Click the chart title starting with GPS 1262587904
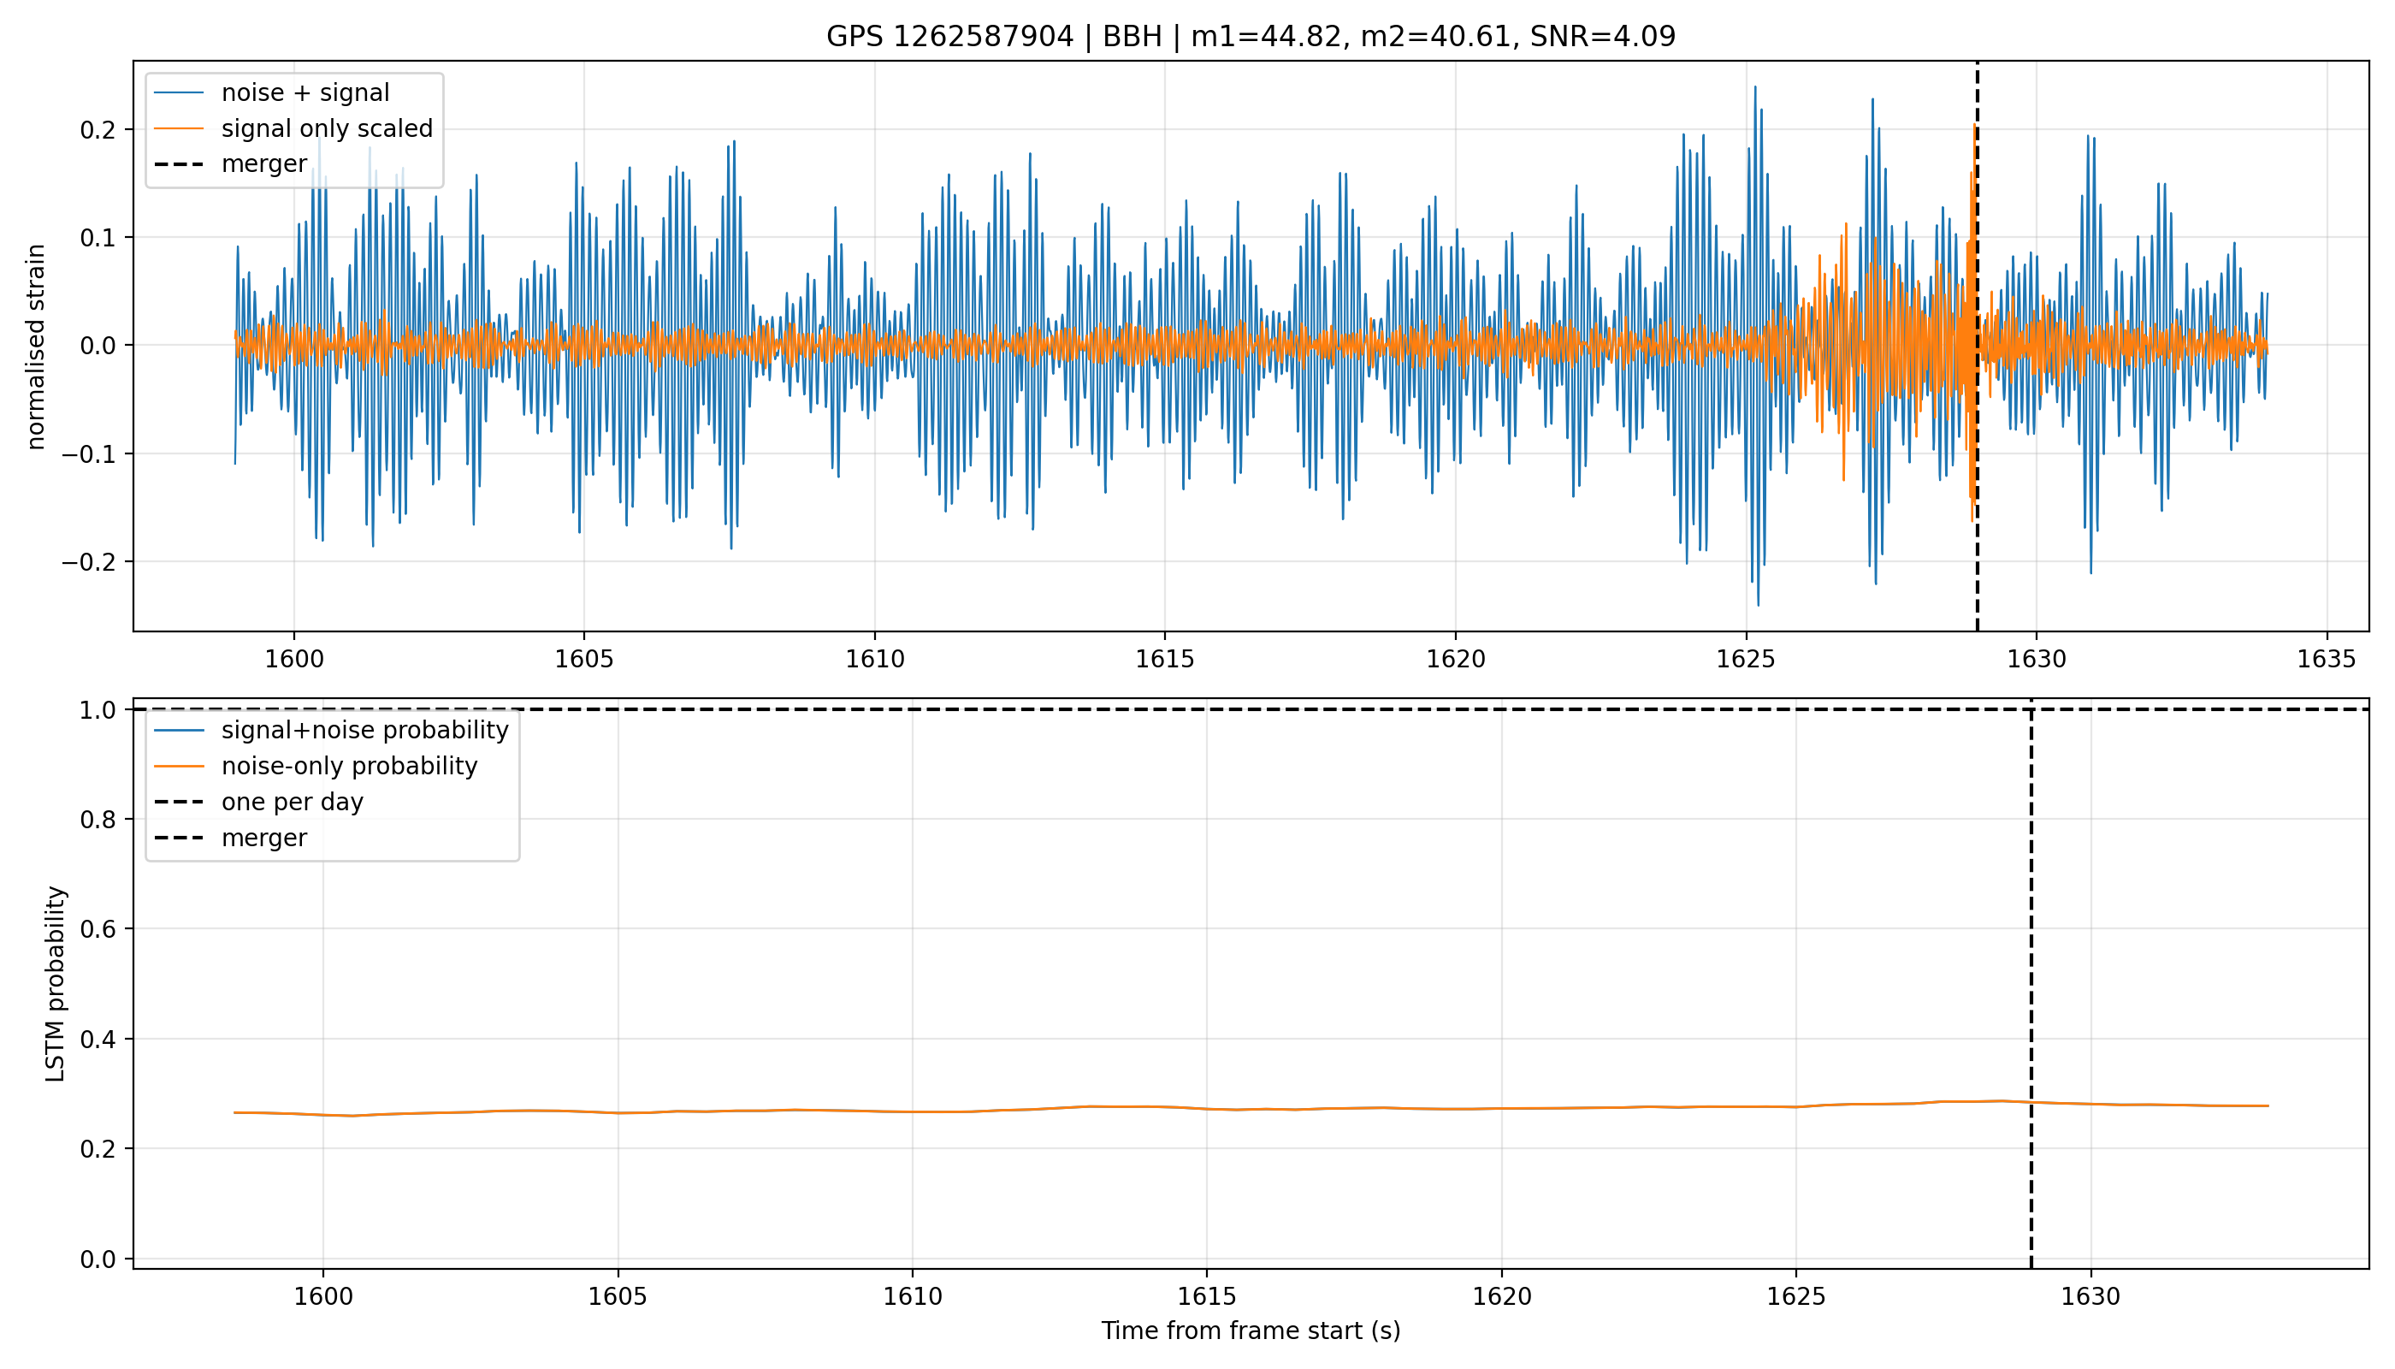pyautogui.click(x=1251, y=37)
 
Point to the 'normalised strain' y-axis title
pyautogui.click(x=36, y=347)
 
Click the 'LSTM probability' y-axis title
pyautogui.click(x=56, y=983)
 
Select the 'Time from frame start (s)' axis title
pyautogui.click(x=1251, y=1330)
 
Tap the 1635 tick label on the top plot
pyautogui.click(x=2327, y=659)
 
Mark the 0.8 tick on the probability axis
pyautogui.click(x=98, y=820)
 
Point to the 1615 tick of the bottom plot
pyautogui.click(x=1207, y=1296)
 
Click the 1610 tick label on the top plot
pyautogui.click(x=874, y=659)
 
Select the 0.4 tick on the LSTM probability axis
pyautogui.click(x=98, y=1040)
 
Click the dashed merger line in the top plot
pyautogui.click(x=1978, y=346)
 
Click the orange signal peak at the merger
pyautogui.click(x=1974, y=126)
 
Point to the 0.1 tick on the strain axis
pyautogui.click(x=98, y=238)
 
